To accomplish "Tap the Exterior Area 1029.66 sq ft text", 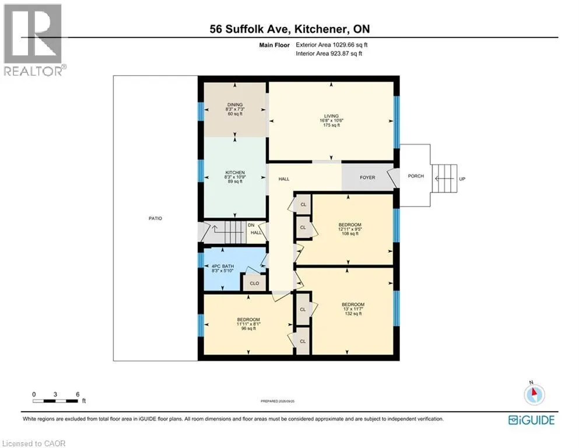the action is pos(331,45).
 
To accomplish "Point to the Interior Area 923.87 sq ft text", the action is pos(329,54).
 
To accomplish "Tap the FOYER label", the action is pos(367,178).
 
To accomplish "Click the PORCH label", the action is pos(416,176).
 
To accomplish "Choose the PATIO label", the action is pos(156,218).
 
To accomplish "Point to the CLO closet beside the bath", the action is pos(254,283).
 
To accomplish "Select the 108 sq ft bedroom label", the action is pos(350,229).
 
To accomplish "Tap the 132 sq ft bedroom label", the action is pos(353,309).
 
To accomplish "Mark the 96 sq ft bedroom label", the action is pos(248,324).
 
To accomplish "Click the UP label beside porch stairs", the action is pos(462,178).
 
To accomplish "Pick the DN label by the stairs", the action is pos(251,225).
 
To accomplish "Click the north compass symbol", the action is pos(534,394).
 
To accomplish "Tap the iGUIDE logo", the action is pos(531,421).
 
